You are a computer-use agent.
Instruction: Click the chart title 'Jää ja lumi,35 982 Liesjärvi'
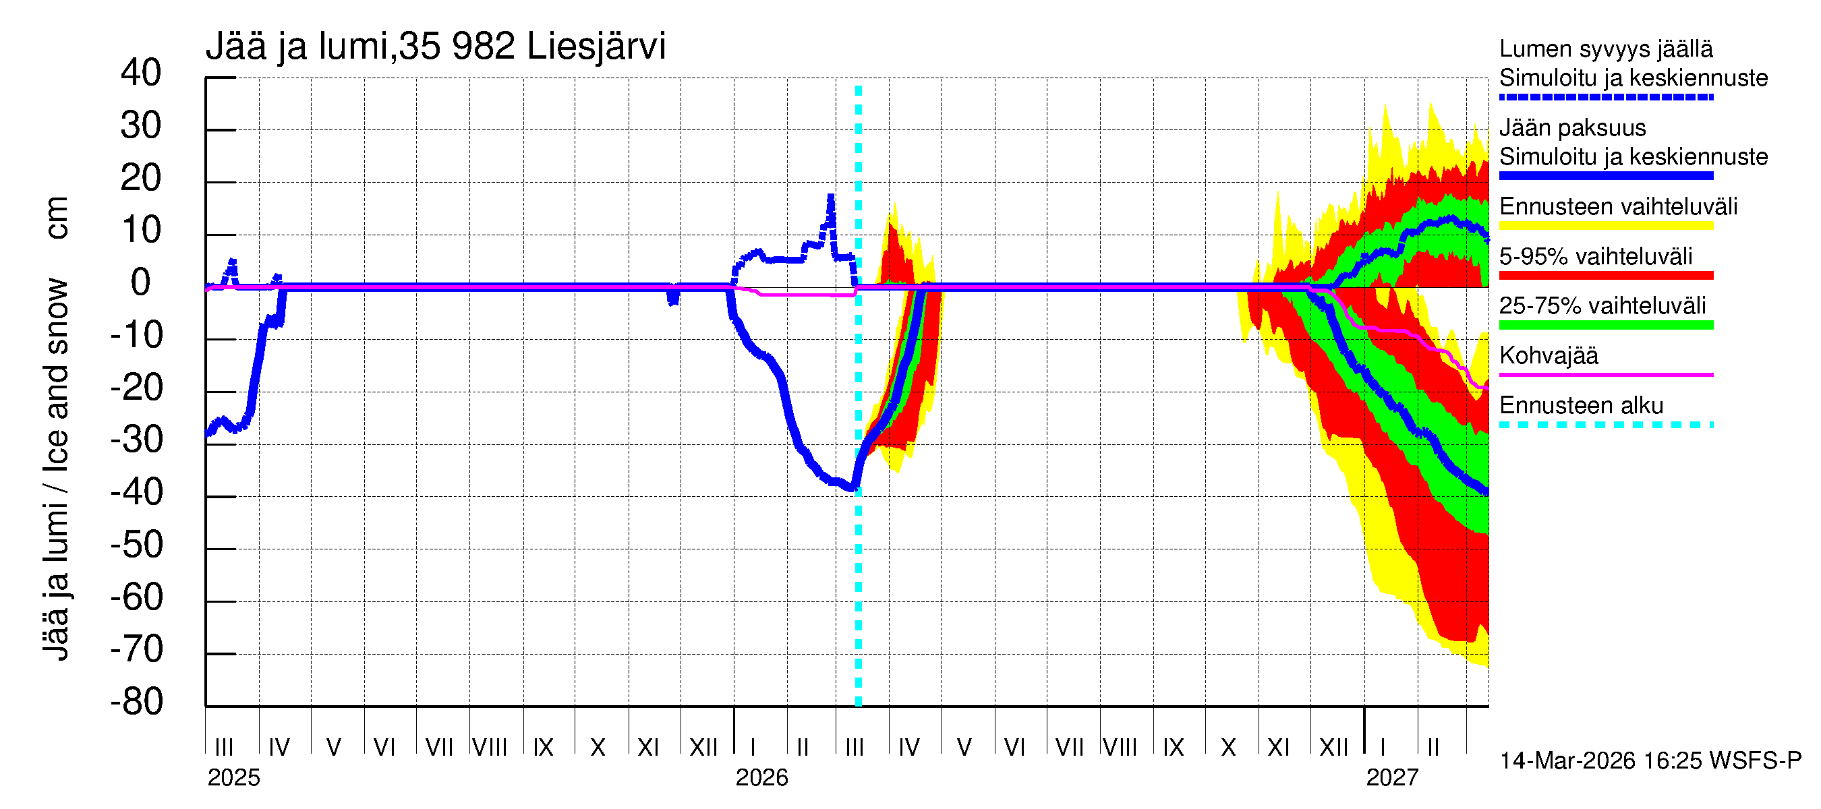point(436,47)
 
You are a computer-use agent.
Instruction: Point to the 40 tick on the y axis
point(141,73)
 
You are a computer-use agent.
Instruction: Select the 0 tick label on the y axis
point(141,282)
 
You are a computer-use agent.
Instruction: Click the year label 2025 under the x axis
point(233,778)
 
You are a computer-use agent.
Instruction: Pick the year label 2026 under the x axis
point(761,778)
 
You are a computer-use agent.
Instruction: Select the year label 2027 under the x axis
point(1392,778)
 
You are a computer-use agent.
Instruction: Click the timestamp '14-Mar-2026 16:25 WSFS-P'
point(1650,761)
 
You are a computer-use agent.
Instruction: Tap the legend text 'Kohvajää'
point(1548,355)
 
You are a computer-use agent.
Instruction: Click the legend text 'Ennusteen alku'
point(1581,406)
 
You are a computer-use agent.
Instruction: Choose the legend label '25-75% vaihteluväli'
point(1602,306)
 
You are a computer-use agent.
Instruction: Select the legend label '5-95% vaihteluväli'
point(1596,256)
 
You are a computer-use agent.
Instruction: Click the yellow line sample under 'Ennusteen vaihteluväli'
point(1605,226)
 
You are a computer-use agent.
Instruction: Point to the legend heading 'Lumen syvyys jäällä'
point(1605,49)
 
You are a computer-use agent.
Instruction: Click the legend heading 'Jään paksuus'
point(1572,128)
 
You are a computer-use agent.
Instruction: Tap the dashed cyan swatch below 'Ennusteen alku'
point(1605,425)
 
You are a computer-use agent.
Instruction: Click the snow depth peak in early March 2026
point(831,197)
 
